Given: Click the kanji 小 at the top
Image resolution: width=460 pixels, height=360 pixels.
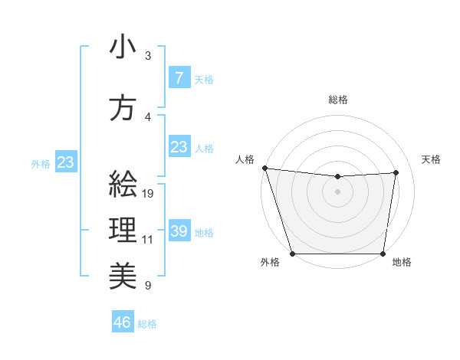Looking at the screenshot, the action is point(123,47).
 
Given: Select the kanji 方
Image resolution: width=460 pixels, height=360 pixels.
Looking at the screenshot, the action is point(123,108).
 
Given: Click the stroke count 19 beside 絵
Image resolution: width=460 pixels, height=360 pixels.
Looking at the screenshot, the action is point(149,194).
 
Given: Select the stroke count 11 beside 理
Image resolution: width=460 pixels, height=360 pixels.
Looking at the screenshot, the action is point(148,240).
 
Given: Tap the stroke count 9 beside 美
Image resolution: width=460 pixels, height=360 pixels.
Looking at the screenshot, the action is point(148,286).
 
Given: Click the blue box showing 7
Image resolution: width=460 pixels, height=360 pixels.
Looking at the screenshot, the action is point(179,77).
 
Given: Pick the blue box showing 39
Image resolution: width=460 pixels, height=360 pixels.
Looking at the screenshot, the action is point(179,231).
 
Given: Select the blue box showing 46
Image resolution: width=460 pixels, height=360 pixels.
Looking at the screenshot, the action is point(123,322).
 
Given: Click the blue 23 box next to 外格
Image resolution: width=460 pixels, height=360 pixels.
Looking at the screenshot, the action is point(65,162).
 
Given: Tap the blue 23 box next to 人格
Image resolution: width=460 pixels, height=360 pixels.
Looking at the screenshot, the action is point(179,146).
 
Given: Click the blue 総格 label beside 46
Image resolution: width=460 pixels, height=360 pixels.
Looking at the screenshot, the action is point(147,324).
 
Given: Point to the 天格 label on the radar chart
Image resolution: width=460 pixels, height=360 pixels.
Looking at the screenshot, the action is point(432,159).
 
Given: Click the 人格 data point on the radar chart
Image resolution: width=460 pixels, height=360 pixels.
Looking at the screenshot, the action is point(264,168).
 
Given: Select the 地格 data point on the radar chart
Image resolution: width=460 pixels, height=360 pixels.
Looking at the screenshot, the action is point(383,254).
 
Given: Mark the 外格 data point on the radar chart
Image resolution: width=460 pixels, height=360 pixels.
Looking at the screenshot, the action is point(293,254).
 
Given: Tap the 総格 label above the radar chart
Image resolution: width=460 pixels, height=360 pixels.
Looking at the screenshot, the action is point(338,100).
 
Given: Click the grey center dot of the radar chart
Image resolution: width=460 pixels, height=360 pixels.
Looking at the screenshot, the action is point(338,191).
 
